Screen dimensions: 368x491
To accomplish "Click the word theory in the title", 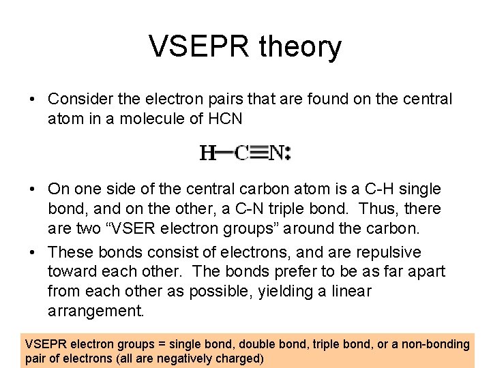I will click(301, 47).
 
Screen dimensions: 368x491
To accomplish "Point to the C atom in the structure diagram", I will click(241, 153).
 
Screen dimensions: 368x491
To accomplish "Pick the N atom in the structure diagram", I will click(276, 153).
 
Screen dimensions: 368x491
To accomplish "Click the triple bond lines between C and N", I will click(258, 153).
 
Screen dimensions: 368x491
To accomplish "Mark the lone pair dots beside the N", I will click(289, 153).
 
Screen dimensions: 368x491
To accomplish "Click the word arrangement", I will click(96, 311).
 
